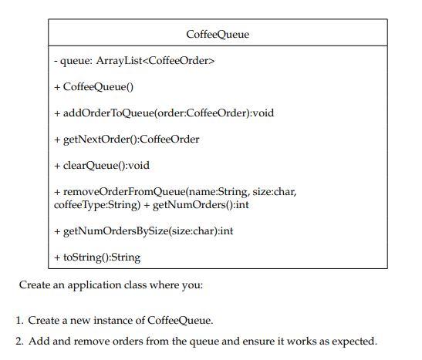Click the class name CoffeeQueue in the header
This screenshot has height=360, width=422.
218,35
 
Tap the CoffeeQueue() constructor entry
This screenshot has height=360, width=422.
94,87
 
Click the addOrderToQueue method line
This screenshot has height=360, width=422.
164,113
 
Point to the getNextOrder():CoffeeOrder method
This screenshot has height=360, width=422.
127,139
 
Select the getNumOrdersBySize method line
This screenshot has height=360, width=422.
143,230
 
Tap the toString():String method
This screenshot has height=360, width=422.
97,257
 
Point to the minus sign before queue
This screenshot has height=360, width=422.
56,61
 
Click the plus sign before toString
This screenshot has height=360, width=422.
56,257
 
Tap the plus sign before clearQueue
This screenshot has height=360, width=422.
56,165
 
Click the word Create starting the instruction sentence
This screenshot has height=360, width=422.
35,284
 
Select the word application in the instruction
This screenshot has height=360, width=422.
96,285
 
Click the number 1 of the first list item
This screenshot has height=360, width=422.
19,320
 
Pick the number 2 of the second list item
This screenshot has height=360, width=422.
19,341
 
